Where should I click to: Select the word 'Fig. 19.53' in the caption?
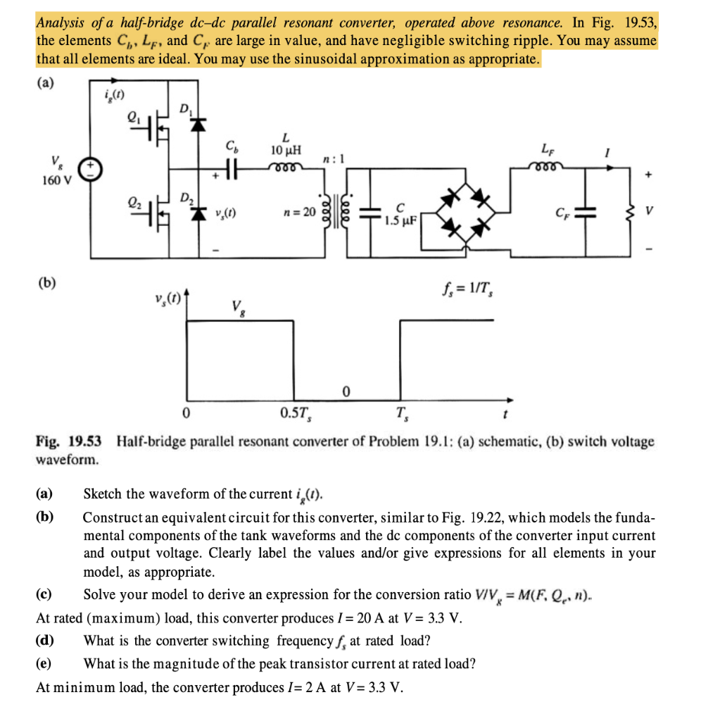[68, 442]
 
